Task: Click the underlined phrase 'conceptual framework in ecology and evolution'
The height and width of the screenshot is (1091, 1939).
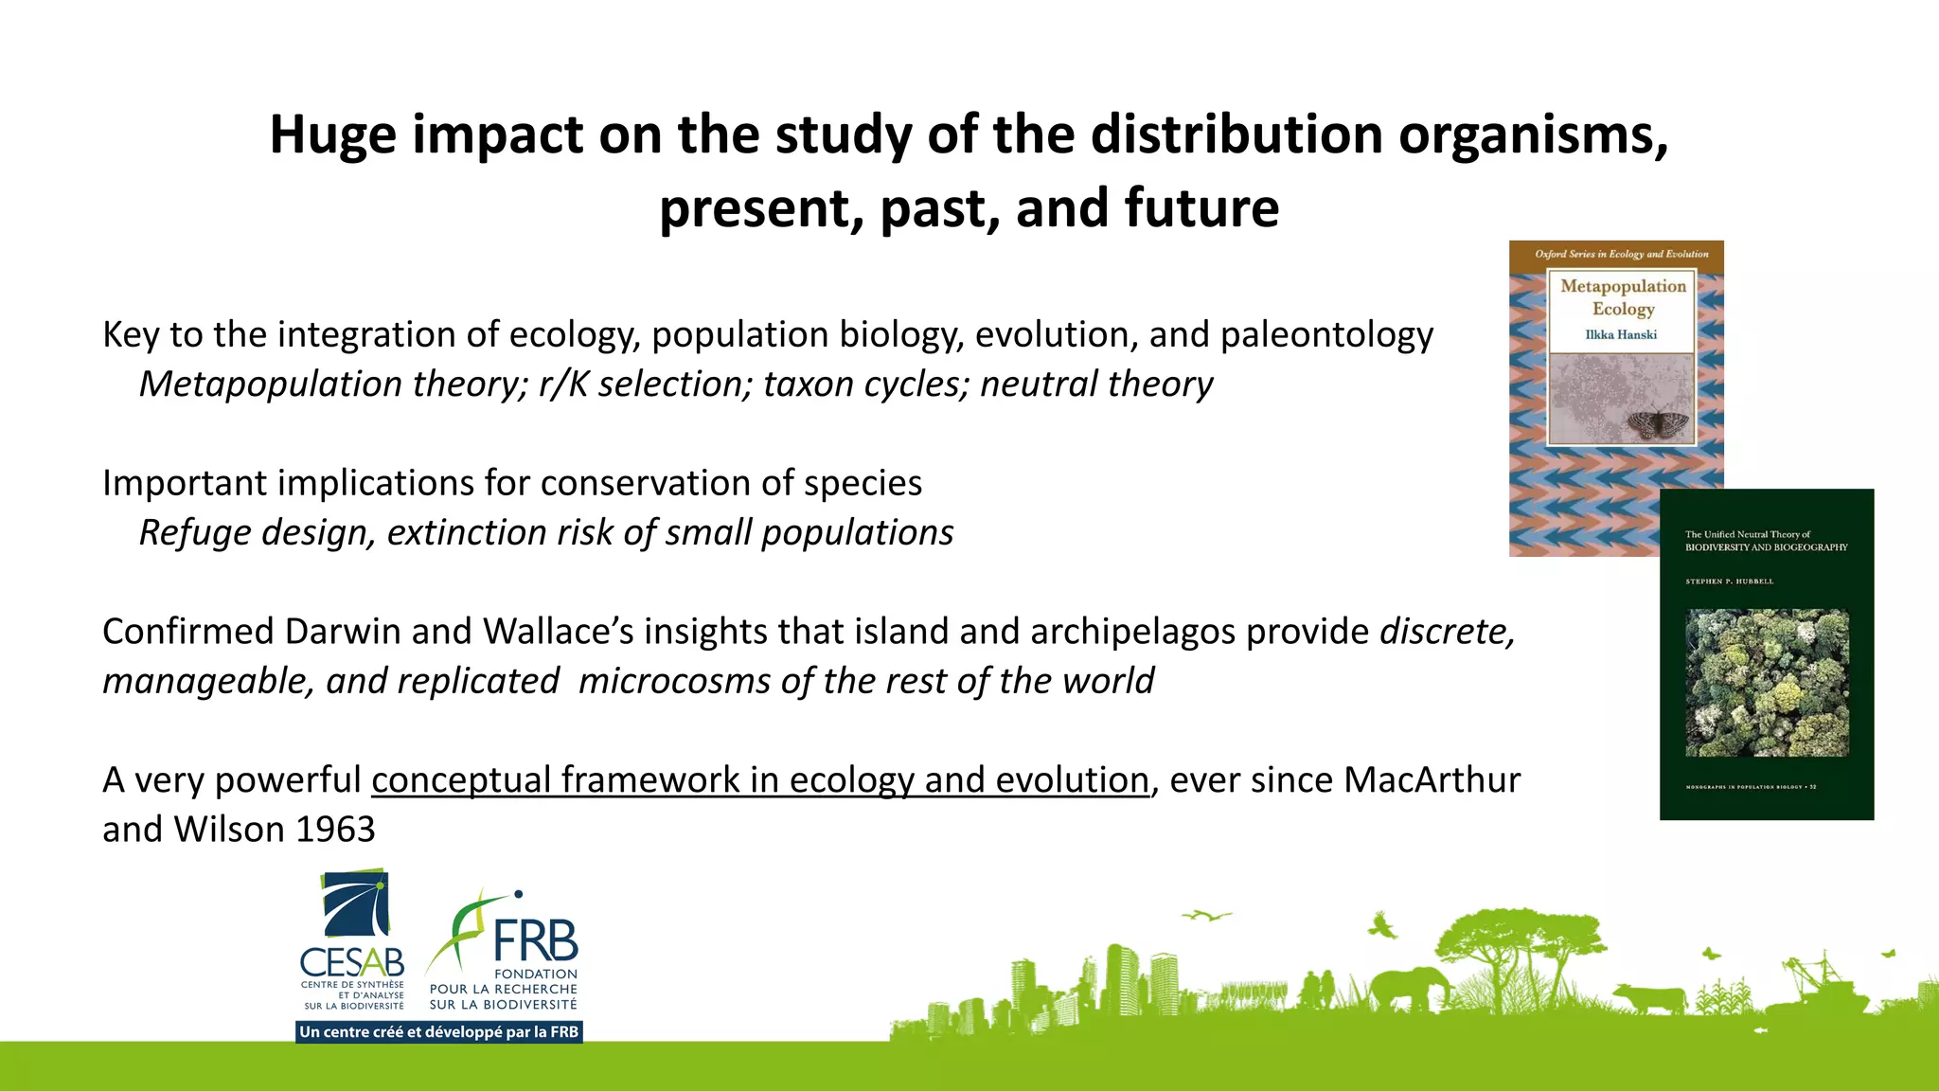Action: tap(759, 780)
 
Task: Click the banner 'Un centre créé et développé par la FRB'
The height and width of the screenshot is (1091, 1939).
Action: tap(438, 1032)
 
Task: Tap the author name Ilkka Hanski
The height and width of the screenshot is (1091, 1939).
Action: tap(1621, 334)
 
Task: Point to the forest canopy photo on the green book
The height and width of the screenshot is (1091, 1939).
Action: tap(1767, 682)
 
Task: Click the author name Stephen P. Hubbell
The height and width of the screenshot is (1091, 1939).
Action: tap(1729, 581)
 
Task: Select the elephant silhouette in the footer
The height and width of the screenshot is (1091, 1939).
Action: tap(1409, 991)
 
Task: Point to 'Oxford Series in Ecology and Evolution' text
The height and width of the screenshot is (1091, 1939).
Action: tap(1621, 254)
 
